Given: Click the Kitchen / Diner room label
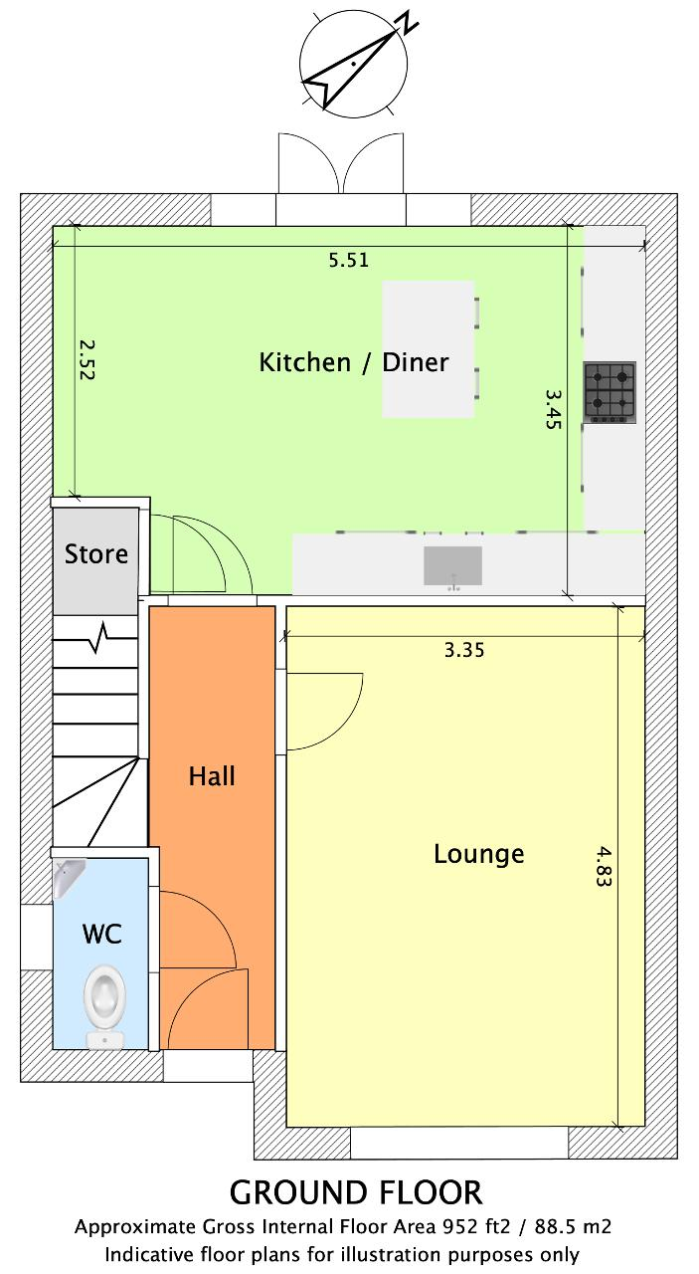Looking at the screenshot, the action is (354, 363).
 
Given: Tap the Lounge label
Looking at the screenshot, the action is (478, 854).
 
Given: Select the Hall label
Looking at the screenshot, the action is (212, 776).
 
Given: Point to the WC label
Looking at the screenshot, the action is (102, 934).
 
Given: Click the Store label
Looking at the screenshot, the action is (96, 554).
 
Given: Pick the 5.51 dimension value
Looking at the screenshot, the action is (349, 261).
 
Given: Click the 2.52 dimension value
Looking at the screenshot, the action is (87, 359).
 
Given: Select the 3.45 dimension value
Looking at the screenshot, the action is (554, 408).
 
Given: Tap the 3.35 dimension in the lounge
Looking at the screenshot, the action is (464, 650).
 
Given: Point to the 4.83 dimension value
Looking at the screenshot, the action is (604, 866).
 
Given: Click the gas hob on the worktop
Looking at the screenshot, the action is (610, 392).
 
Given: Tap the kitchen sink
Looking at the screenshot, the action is (453, 566).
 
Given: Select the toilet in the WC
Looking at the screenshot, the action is (104, 1006).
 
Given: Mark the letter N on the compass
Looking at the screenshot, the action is (408, 22).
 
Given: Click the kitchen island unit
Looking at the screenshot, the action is (428, 348).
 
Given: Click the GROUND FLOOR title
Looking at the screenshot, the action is (356, 1193).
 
